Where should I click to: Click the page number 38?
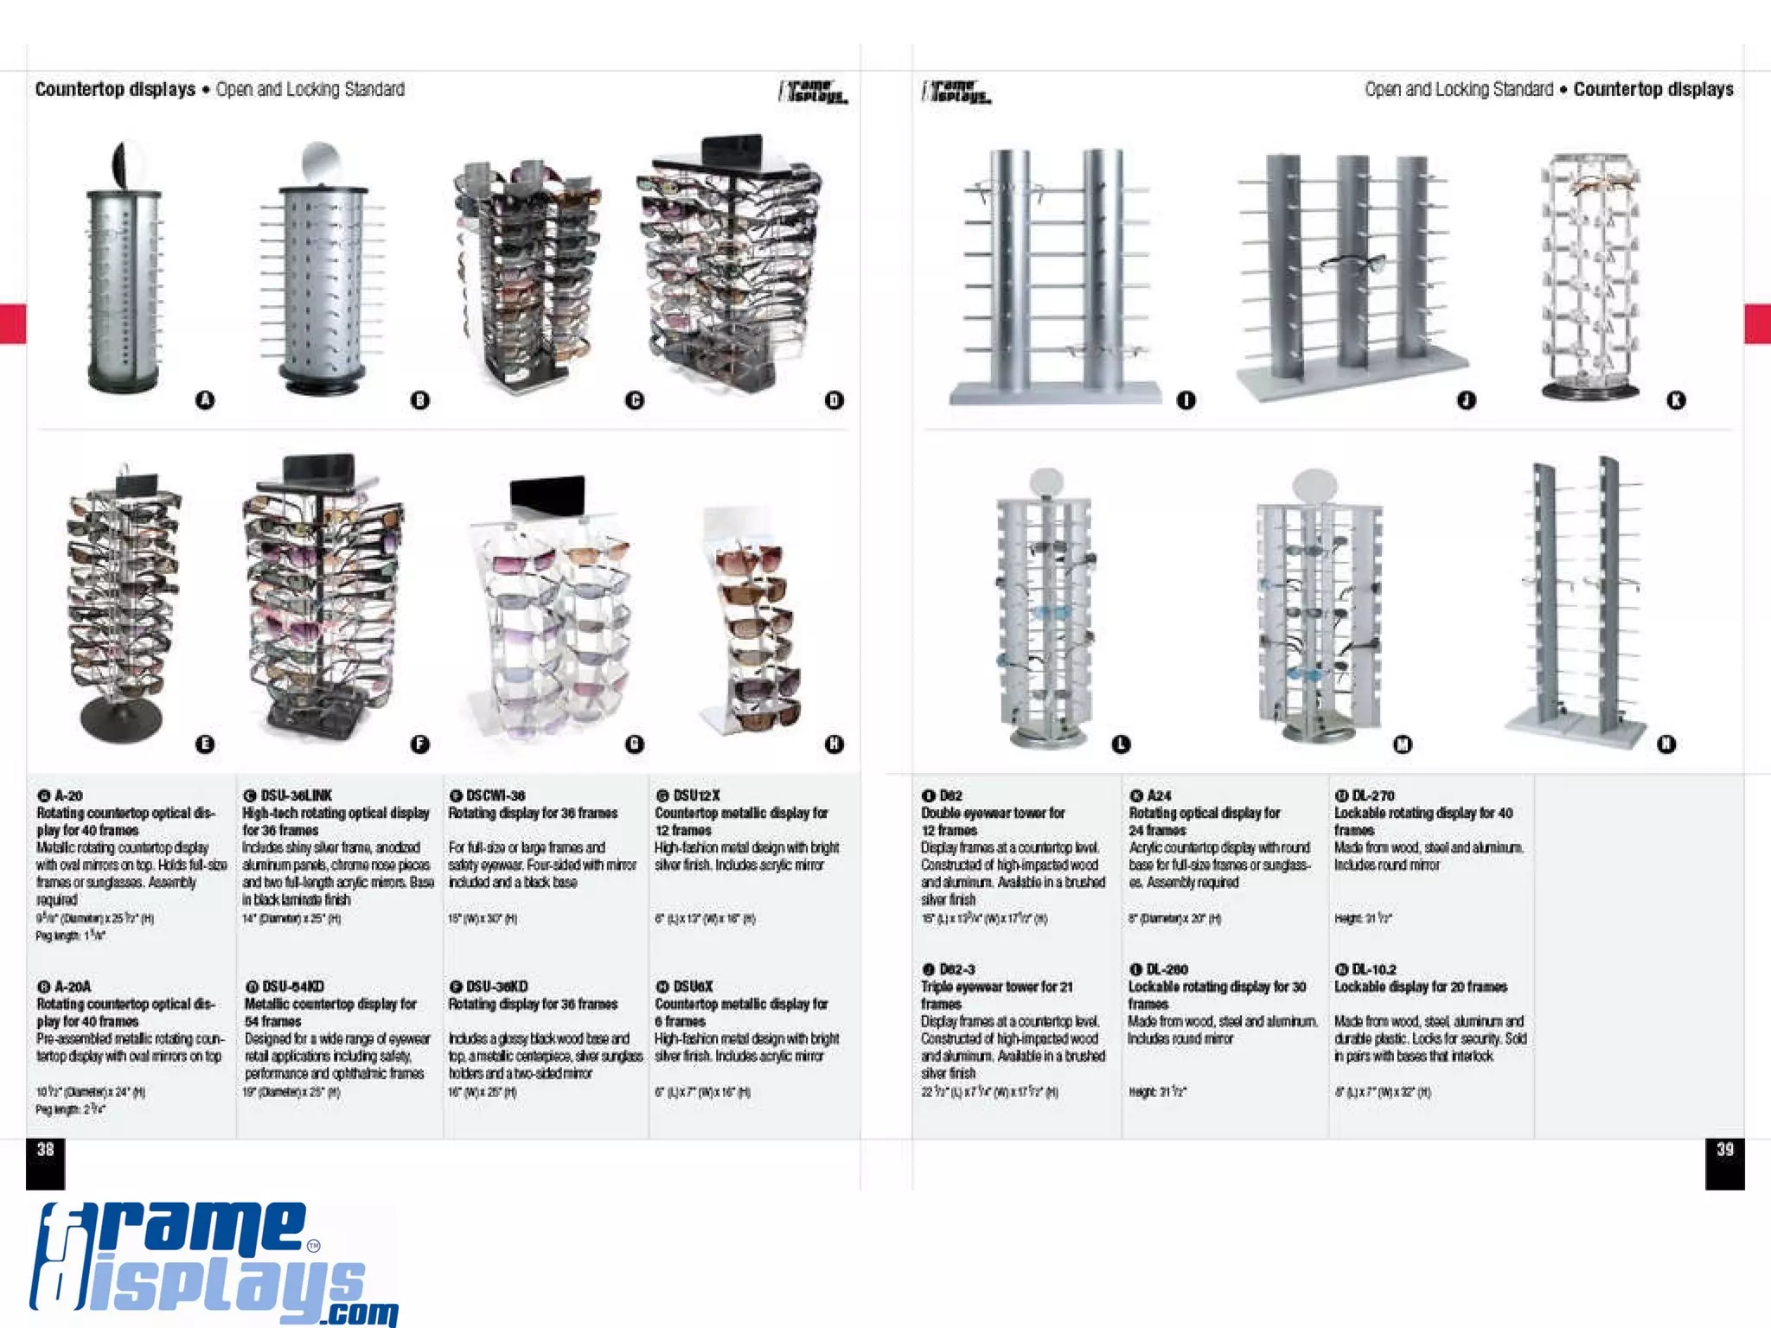(x=45, y=1149)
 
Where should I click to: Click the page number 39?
(x=1724, y=1149)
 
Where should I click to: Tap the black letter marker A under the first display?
(x=205, y=399)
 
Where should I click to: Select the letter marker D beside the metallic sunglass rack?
(x=834, y=399)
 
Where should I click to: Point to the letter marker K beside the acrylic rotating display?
(x=1676, y=399)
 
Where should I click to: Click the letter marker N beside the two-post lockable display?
(x=1666, y=744)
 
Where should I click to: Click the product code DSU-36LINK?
(x=296, y=795)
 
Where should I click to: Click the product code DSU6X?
(x=694, y=986)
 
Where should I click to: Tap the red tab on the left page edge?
(x=13, y=324)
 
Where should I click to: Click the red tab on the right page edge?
(x=1757, y=324)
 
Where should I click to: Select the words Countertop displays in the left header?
(x=115, y=89)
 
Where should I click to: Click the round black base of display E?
(x=120, y=718)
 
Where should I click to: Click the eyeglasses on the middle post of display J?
(x=1353, y=262)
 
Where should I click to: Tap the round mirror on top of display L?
(x=1047, y=482)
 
